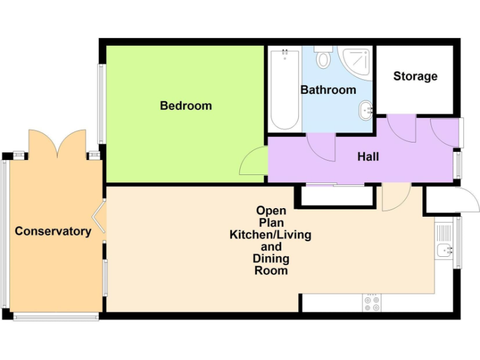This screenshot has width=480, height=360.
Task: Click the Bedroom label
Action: (x=186, y=106)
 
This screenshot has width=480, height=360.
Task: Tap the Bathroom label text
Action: (x=328, y=90)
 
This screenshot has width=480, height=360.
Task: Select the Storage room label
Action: (x=415, y=76)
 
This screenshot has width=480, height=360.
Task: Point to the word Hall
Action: (x=368, y=157)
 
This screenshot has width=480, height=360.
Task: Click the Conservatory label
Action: (x=53, y=231)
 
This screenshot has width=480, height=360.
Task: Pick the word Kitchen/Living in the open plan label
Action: (x=271, y=235)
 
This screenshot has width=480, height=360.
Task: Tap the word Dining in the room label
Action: (x=271, y=259)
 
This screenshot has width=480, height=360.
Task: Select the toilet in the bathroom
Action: (x=324, y=58)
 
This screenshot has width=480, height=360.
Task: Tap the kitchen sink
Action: (x=446, y=250)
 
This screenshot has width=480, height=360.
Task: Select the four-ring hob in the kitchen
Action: (x=371, y=303)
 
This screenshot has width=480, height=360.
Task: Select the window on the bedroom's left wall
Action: (x=101, y=104)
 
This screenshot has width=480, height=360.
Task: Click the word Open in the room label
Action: (x=271, y=211)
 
